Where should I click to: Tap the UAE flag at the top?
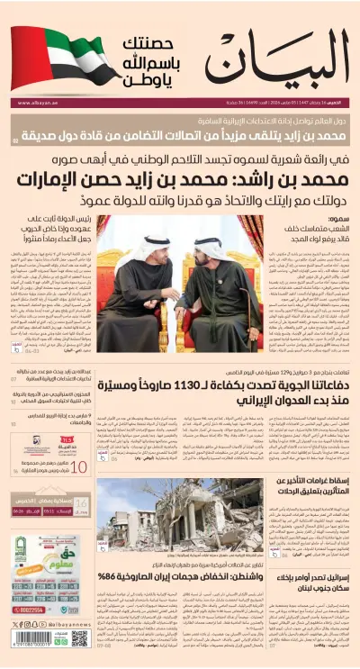55,55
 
